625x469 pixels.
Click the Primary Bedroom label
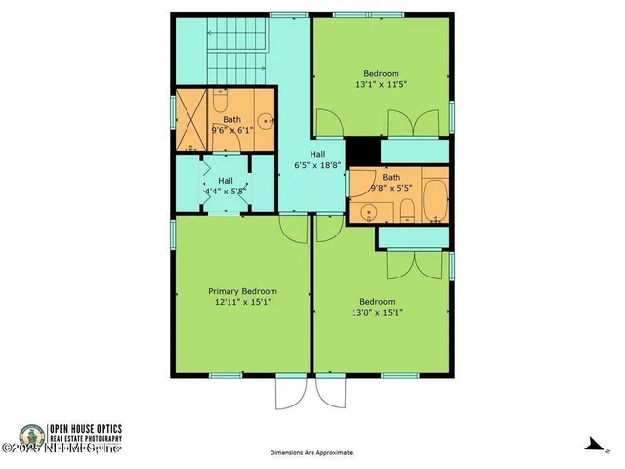point(242,291)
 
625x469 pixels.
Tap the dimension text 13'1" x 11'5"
point(381,85)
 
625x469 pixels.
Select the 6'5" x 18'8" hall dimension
point(317,166)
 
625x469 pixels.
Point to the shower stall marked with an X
point(190,121)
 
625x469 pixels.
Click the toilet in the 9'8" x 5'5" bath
point(405,209)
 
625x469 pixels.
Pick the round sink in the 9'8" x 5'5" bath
point(370,211)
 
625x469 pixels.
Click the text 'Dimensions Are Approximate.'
point(312,453)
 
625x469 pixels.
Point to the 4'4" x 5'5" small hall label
point(225,186)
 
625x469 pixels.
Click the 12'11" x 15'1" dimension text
point(242,303)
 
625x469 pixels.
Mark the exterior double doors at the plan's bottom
point(312,393)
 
